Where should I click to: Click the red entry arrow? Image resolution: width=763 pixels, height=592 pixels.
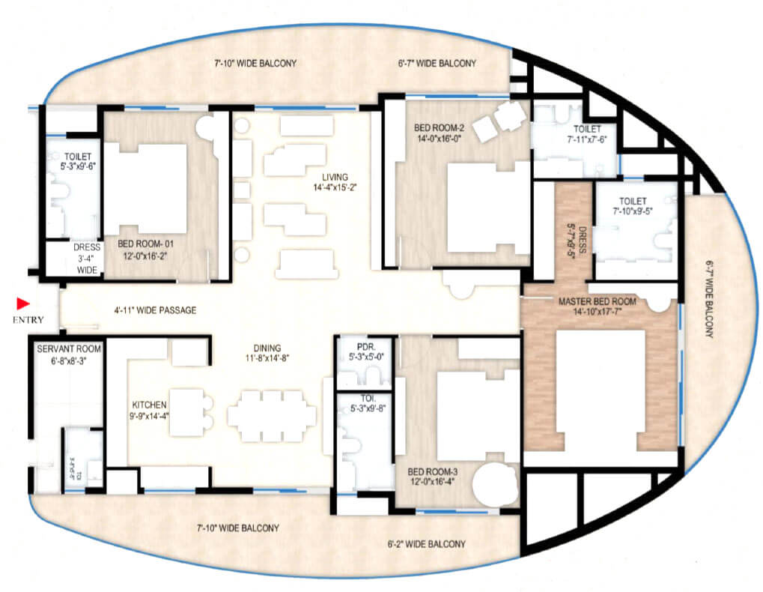(23, 303)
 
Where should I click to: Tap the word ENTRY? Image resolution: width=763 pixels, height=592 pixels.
(28, 320)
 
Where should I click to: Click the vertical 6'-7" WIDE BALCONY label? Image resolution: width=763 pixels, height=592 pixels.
(709, 300)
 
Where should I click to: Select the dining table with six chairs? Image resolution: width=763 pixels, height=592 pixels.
(271, 416)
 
